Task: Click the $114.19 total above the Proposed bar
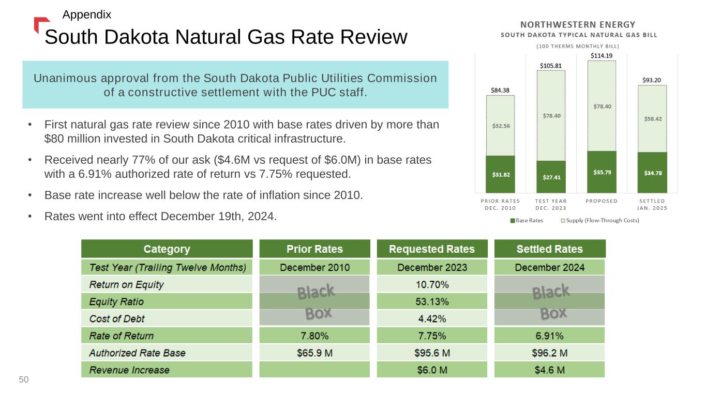tap(602, 55)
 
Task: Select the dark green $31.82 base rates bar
tap(500, 174)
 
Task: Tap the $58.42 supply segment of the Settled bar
tap(652, 118)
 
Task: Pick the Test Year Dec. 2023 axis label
tap(551, 204)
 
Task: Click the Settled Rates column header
tap(549, 249)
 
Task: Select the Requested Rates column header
tap(431, 249)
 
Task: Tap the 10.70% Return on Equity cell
tap(431, 284)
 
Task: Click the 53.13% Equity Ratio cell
tap(431, 301)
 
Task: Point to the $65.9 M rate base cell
tap(314, 353)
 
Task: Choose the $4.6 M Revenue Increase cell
tap(549, 370)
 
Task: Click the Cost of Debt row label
tap(117, 318)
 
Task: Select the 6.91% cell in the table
tap(549, 336)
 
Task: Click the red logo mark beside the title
tap(40, 24)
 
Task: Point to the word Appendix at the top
tap(86, 14)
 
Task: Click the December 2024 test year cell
tap(549, 267)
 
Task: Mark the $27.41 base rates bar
tap(551, 176)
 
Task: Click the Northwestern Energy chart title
tap(578, 24)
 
